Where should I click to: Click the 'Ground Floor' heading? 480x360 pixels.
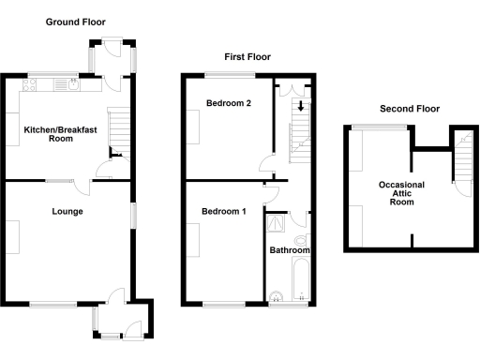(x=75, y=22)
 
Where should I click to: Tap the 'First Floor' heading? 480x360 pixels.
(x=247, y=57)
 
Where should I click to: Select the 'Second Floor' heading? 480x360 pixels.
(x=410, y=109)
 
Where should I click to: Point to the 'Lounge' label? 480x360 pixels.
(x=67, y=212)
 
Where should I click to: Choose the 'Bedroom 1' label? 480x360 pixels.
(x=224, y=212)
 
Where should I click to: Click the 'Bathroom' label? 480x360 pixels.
(x=289, y=251)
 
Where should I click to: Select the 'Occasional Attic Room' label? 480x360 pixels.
(x=401, y=193)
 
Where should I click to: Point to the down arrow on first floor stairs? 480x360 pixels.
(x=299, y=105)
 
